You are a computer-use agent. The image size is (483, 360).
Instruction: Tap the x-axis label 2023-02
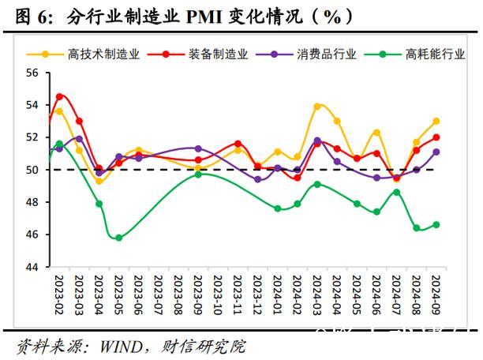point(59,294)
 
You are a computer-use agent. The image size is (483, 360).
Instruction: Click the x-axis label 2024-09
point(436,294)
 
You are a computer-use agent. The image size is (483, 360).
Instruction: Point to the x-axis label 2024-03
point(317,294)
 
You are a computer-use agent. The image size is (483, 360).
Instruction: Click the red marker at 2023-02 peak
point(59,96)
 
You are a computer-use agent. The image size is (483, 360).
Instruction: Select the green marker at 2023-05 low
point(119,238)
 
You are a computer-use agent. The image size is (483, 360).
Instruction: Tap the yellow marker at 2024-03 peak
point(317,106)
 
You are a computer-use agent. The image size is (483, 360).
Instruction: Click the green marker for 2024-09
point(436,224)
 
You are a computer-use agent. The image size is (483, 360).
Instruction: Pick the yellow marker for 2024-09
point(436,122)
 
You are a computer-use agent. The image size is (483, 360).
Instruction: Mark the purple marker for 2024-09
point(436,152)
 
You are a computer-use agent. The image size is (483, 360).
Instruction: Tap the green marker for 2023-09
point(198,174)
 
